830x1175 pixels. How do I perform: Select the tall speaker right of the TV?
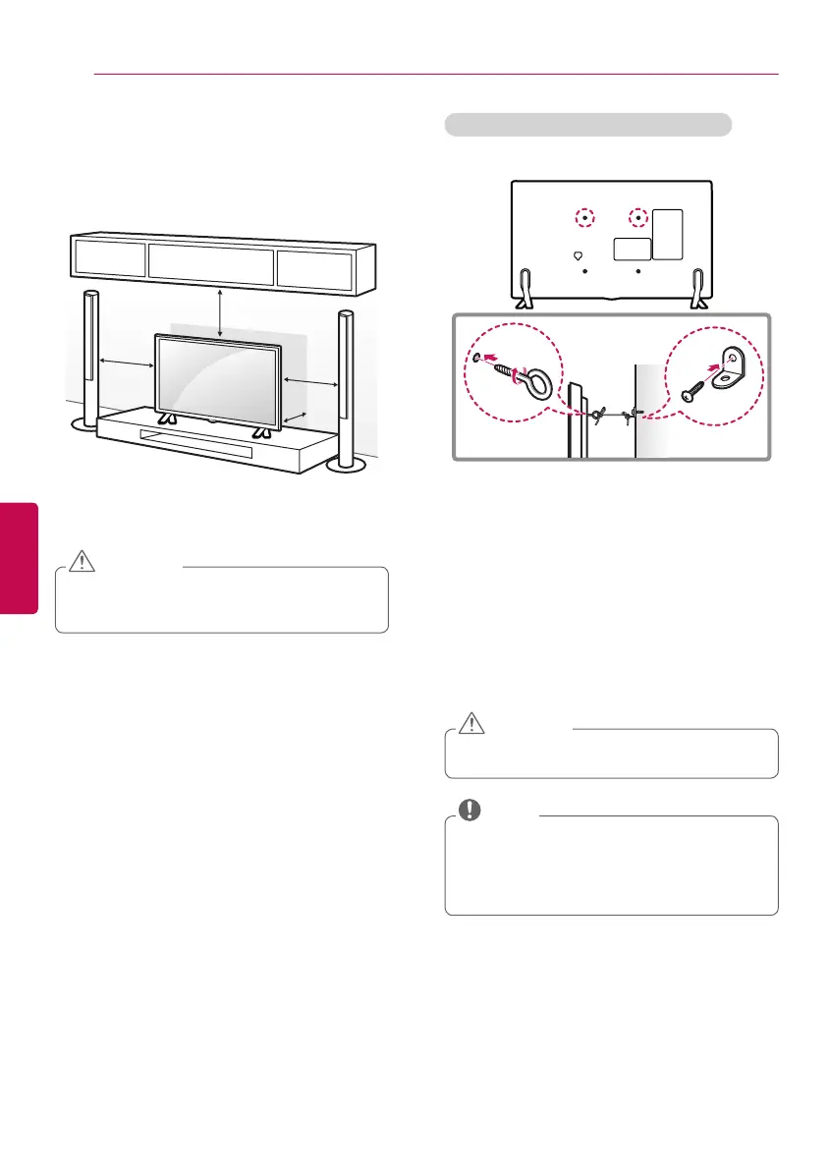[346, 383]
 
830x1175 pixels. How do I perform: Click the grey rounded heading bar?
[588, 125]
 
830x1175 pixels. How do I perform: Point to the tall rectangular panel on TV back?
[667, 234]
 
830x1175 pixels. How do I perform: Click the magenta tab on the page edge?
[19, 558]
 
